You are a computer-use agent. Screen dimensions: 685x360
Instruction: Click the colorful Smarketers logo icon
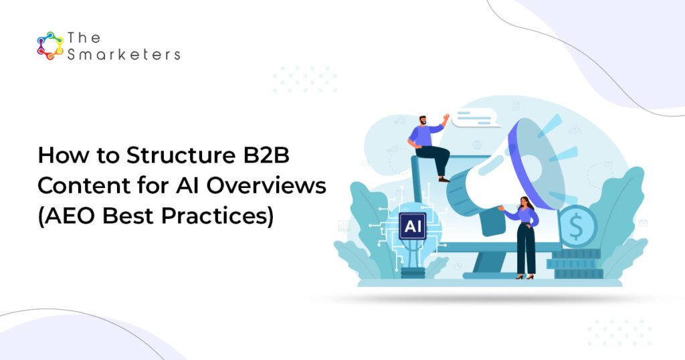50,46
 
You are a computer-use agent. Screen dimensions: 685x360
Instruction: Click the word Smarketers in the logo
124,55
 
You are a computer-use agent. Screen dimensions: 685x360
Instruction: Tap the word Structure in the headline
179,155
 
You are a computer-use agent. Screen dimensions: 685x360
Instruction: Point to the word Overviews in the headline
266,185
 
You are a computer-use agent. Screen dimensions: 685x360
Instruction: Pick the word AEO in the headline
68,216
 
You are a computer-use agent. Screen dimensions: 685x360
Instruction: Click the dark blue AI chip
412,226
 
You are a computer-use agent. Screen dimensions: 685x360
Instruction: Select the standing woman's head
525,203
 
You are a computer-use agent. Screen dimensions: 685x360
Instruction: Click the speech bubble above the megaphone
476,118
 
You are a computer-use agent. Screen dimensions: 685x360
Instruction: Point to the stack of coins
576,264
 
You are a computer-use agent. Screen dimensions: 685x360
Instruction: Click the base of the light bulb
413,272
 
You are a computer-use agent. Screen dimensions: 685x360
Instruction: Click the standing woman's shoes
524,276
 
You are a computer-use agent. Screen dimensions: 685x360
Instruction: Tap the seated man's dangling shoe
444,179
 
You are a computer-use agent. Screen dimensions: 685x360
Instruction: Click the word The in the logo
84,37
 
